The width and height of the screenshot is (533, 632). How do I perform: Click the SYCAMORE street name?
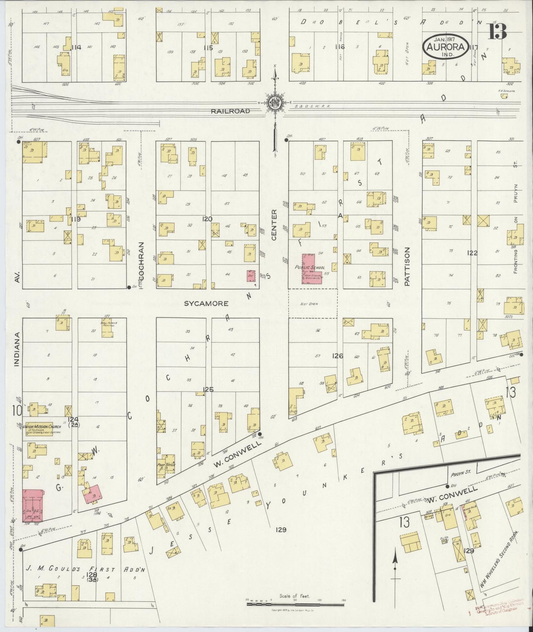207,303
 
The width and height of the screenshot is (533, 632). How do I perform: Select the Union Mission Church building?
41,428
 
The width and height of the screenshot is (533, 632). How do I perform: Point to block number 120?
207,219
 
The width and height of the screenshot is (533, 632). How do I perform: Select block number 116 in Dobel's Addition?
339,47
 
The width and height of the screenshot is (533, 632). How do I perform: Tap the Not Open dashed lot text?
312,304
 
